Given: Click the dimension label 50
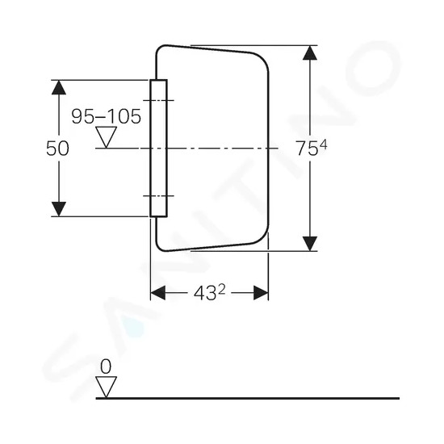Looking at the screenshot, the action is (x=57, y=149).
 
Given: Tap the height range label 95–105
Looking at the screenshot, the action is (x=107, y=116).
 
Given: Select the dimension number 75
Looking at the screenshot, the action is (x=307, y=149).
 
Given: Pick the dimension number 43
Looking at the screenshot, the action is (x=205, y=293).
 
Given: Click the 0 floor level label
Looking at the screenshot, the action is (x=106, y=367).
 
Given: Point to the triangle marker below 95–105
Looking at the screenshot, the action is (x=107, y=137).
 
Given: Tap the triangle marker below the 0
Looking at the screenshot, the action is (x=107, y=387).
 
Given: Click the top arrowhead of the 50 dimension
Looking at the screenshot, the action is (x=59, y=87).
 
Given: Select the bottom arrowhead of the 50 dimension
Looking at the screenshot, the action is (x=59, y=209).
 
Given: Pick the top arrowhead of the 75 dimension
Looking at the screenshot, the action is (x=310, y=52).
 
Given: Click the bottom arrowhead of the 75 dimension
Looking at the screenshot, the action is (x=310, y=244).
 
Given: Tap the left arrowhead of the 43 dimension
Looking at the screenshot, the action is (x=157, y=293).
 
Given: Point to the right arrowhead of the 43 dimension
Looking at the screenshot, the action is (x=261, y=293).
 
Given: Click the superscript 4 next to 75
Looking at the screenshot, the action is (x=323, y=145).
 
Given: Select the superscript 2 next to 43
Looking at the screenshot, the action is (x=222, y=289).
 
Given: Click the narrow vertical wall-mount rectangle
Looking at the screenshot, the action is (x=158, y=149).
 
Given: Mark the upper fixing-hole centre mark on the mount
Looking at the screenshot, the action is (x=158, y=100).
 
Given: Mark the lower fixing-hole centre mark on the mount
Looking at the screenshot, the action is (x=158, y=196).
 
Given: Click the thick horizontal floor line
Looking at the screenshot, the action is (x=248, y=398).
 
